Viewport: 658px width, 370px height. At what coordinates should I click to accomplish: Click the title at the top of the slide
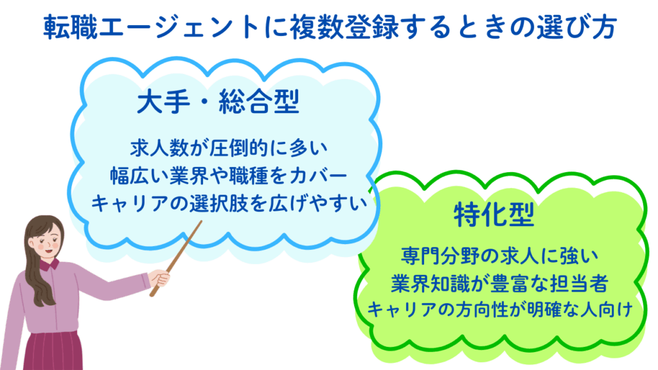pos(330,27)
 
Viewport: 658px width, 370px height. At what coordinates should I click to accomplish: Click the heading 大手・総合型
pos(218,102)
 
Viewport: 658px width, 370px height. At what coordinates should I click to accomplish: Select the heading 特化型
pos(494,215)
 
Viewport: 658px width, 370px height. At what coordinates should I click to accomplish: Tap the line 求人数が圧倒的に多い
pos(229,148)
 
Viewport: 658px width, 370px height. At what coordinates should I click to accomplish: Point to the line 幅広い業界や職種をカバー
pos(229,175)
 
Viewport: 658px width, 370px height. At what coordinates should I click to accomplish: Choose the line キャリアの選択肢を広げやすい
pos(229,204)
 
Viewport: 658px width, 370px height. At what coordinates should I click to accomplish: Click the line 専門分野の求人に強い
pos(499,256)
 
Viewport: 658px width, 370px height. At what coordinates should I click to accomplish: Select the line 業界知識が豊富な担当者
pos(499,283)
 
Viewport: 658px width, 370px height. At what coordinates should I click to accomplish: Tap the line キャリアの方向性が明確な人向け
pos(499,310)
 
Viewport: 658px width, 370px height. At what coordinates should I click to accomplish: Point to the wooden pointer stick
pos(176,258)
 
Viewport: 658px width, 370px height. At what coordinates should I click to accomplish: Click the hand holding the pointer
pos(160,279)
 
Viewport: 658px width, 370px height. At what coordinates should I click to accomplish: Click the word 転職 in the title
pos(69,27)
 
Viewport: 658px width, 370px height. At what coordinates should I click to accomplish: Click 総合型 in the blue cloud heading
pos(260,102)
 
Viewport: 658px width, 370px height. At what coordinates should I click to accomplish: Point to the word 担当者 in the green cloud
pos(578,283)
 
